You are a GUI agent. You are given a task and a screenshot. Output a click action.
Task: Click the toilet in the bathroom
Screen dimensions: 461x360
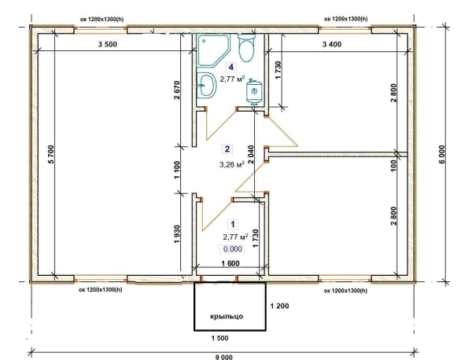pos(246,48)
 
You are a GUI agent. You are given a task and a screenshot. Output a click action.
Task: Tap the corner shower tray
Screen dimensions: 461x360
pos(213,50)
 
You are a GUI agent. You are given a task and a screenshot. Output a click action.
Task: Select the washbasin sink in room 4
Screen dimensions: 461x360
pos(207,85)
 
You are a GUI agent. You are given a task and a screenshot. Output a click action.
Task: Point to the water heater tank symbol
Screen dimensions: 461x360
pos(254,92)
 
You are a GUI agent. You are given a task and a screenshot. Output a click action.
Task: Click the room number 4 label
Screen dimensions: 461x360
pos(231,68)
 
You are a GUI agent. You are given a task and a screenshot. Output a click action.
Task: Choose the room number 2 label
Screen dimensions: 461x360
pos(227,149)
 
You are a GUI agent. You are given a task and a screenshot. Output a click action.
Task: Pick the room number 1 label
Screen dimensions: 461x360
pos(233,224)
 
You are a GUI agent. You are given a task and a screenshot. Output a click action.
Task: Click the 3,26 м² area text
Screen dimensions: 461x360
pos(232,164)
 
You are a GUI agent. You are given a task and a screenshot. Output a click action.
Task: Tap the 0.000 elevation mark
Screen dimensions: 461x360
pos(233,249)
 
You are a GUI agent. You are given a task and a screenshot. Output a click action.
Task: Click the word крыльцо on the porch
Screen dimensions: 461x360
pos(227,317)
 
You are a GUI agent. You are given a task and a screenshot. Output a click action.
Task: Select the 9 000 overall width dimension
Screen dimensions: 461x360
pos(224,357)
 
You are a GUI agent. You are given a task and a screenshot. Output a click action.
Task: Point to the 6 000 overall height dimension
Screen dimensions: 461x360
pos(443,154)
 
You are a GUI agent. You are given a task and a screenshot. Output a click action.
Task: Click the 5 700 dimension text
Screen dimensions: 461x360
pos(51,154)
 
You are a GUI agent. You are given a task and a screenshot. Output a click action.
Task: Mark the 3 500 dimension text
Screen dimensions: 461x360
pos(108,44)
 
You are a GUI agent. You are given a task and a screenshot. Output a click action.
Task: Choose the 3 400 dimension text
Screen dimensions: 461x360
pos(332,44)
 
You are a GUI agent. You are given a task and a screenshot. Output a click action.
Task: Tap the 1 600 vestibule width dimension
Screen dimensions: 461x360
pos(230,263)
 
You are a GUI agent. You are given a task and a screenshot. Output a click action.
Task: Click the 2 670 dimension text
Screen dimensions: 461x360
pos(176,90)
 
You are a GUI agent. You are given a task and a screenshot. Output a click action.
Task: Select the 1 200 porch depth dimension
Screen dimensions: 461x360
pos(279,306)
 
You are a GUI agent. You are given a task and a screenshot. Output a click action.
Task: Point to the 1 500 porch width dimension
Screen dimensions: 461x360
pos(220,338)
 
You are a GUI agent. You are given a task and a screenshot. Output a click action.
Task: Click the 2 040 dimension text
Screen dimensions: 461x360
pos(250,155)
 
